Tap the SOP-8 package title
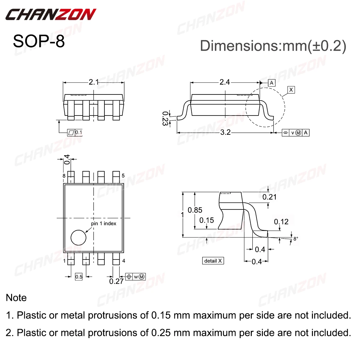[x=39, y=41]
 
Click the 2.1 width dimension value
[x=94, y=82]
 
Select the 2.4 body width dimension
[x=224, y=82]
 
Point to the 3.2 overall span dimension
[x=225, y=132]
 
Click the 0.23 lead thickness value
[x=165, y=118]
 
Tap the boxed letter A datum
[x=271, y=83]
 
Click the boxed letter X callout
[x=291, y=90]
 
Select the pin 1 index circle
[x=78, y=238]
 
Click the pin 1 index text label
[x=103, y=223]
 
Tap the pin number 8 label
[x=64, y=176]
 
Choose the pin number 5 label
[x=123, y=176]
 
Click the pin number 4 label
[x=124, y=261]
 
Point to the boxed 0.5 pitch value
[x=79, y=277]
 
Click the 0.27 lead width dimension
[x=116, y=281]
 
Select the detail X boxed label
[x=213, y=261]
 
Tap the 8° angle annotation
[x=296, y=239]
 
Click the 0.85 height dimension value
[x=195, y=210]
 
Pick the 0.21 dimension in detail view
[x=269, y=197]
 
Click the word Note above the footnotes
[x=16, y=298]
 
